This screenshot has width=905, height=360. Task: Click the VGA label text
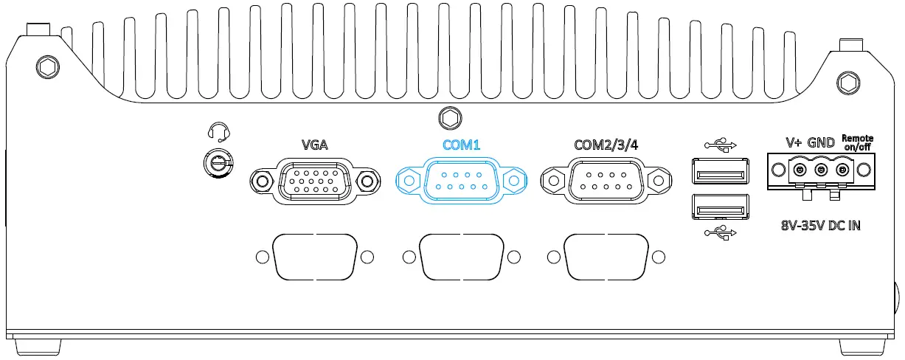click(314, 145)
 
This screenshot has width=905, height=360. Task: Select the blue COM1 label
click(461, 145)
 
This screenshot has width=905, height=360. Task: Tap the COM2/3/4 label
click(606, 145)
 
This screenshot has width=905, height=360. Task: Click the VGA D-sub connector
click(313, 180)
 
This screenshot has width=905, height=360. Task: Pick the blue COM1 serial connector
click(462, 180)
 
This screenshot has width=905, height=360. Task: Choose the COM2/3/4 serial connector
click(607, 180)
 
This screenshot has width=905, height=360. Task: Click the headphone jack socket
click(218, 162)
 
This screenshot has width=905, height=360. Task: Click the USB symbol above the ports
click(721, 145)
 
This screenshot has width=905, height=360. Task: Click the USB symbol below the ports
click(721, 235)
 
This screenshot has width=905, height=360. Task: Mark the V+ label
click(793, 142)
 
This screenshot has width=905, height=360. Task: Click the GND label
click(822, 142)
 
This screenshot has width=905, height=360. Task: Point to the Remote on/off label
click(858, 142)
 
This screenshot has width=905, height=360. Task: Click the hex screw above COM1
click(448, 118)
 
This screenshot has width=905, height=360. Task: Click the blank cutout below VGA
click(314, 257)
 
